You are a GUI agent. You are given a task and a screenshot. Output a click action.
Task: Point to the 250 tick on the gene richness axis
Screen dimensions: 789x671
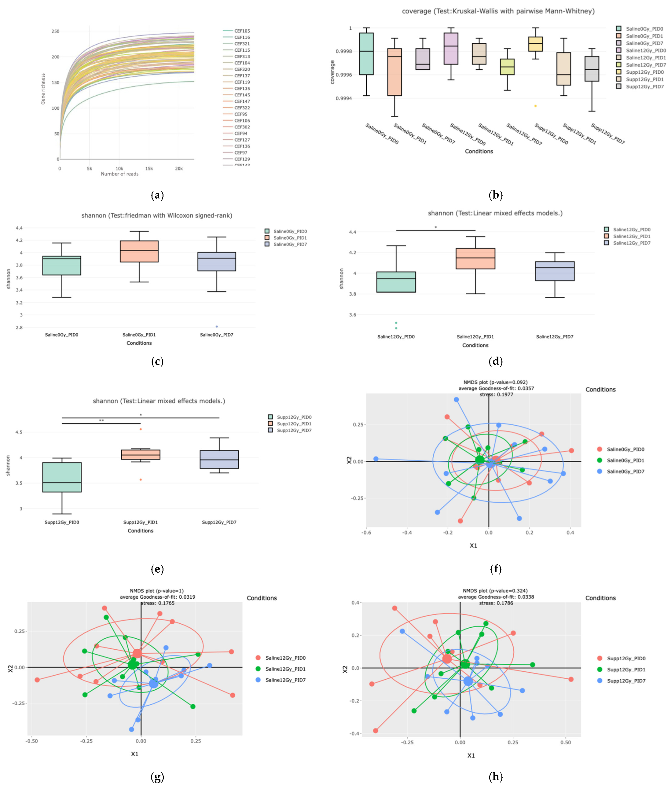coord(56,31)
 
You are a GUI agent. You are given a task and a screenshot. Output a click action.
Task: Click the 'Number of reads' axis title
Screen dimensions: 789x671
coord(119,174)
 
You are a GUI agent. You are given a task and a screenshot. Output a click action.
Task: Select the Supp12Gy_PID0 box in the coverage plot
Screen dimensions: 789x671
coord(535,44)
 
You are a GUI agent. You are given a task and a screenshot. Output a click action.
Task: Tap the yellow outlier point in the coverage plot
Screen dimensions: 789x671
coord(535,106)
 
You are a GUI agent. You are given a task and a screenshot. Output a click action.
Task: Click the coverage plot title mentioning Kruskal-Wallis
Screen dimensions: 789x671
coord(498,11)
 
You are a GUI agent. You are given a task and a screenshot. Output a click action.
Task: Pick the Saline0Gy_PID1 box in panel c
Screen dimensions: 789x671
coord(139,251)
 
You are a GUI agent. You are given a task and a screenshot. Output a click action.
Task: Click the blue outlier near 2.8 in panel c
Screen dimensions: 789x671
coord(217,326)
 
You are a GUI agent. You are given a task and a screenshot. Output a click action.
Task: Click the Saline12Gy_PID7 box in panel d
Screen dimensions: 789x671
coord(555,271)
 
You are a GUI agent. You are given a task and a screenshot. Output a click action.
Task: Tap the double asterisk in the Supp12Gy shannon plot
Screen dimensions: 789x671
coord(101,421)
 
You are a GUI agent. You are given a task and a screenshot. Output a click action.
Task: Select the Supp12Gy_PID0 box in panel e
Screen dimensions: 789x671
coord(62,477)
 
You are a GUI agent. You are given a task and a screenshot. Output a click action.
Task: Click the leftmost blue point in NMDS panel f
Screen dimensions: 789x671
coord(376,459)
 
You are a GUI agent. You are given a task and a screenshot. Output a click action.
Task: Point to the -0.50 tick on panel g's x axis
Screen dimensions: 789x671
coord(32,741)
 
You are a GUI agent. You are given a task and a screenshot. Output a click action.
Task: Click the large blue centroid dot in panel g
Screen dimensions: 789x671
coord(153,684)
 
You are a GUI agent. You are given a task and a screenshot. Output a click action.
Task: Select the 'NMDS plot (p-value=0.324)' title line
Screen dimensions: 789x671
coord(495,591)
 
